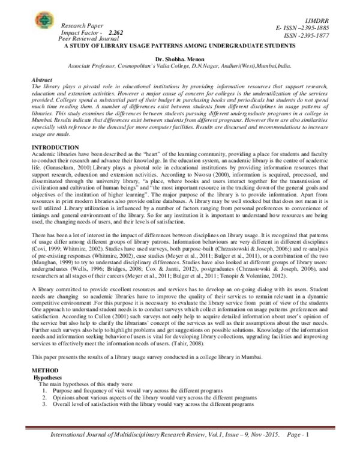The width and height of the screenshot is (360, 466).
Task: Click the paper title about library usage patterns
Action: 180,45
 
